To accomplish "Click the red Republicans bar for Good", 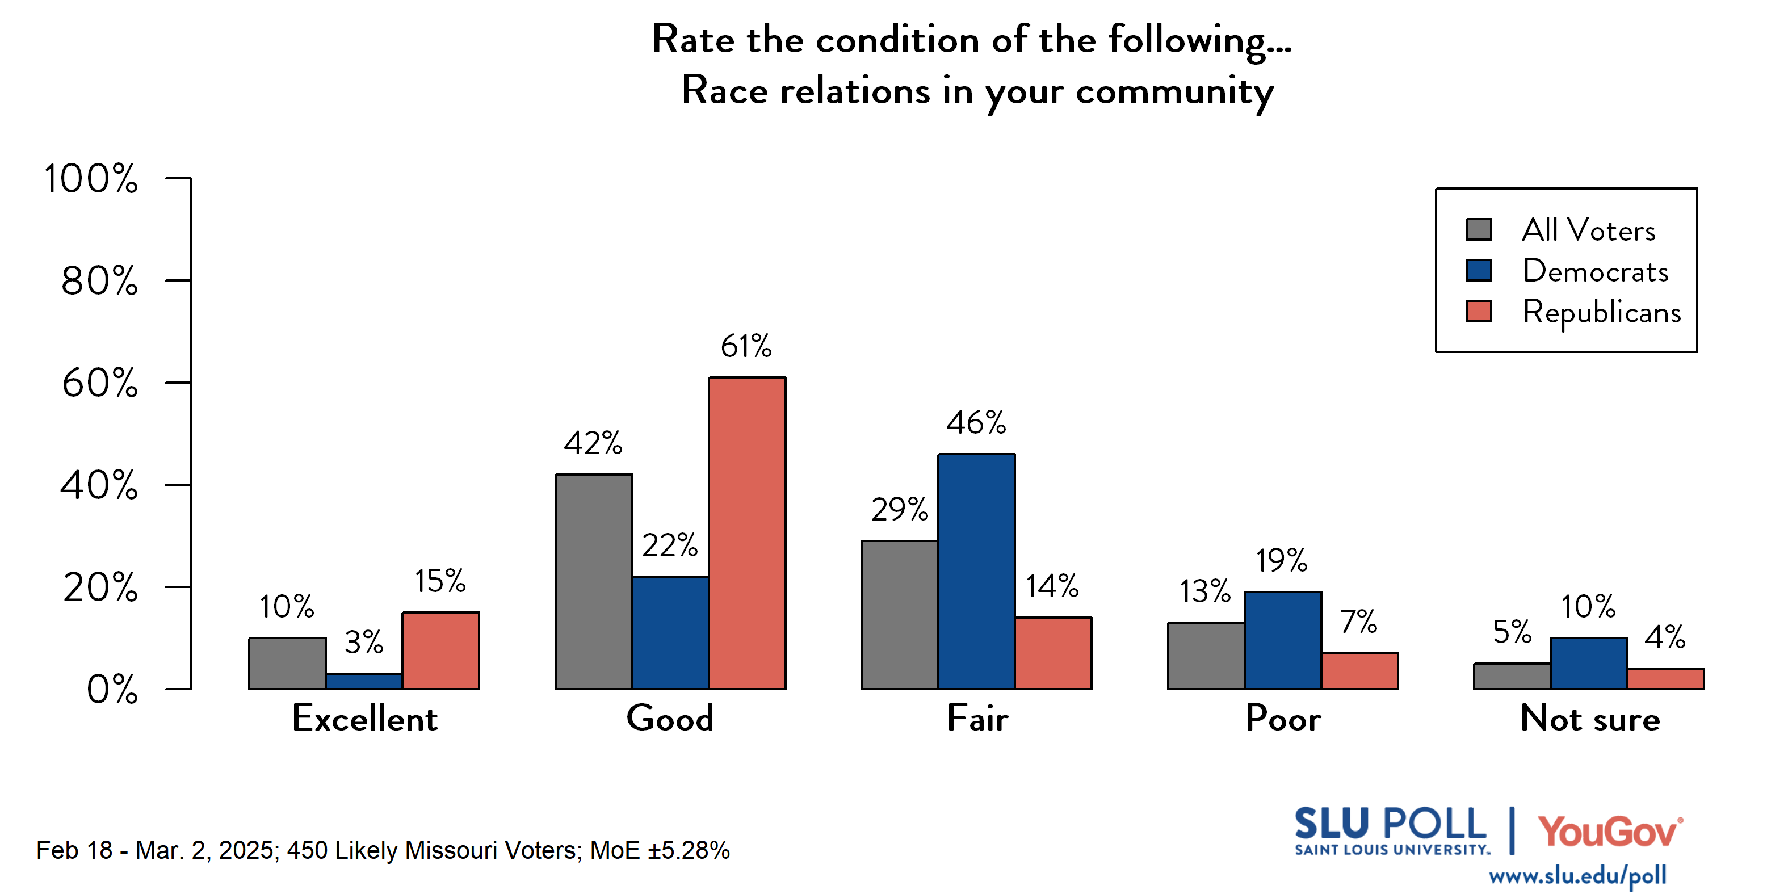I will click(x=747, y=533).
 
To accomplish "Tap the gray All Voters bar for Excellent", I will click(x=287, y=664).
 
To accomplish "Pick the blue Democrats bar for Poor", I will click(x=1283, y=640).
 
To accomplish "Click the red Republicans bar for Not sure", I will click(x=1665, y=679).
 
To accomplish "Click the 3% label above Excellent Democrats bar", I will click(x=364, y=642).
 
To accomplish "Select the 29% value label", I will click(x=900, y=510).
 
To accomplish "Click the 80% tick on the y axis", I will click(x=99, y=281).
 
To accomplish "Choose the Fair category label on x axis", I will click(x=977, y=719).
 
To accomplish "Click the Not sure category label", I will click(x=1589, y=719).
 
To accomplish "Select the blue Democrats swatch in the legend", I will click(x=1479, y=270).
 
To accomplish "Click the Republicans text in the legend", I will click(x=1601, y=312).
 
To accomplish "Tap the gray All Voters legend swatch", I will click(x=1479, y=230).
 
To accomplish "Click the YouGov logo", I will click(x=1610, y=832).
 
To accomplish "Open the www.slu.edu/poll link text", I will click(x=1577, y=876).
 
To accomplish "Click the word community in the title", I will click(x=1174, y=91).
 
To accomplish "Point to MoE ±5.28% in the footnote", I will click(x=660, y=850).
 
